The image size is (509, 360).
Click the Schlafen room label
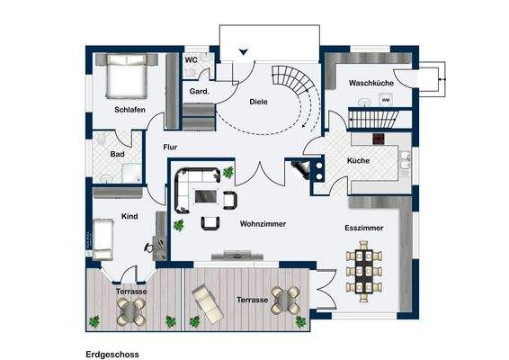[129, 110]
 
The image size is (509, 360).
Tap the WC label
[192, 60]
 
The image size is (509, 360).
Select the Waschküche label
[371, 83]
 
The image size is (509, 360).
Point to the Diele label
[258, 102]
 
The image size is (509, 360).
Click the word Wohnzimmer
[263, 224]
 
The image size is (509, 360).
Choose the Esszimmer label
[364, 228]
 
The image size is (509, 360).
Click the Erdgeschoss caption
[112, 355]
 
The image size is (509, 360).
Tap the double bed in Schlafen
[127, 76]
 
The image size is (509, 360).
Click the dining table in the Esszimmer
[364, 271]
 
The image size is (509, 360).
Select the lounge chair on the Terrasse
[207, 304]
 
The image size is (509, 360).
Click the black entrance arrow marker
[244, 52]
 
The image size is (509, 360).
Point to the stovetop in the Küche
[379, 139]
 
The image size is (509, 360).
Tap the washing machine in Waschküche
[385, 99]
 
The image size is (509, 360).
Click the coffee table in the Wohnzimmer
[205, 196]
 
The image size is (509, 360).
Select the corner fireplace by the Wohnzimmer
[300, 169]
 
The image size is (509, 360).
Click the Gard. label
[199, 92]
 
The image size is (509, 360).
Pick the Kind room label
[129, 216]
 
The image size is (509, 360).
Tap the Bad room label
[117, 154]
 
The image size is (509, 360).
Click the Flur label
[170, 148]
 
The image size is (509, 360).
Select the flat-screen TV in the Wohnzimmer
[237, 256]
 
